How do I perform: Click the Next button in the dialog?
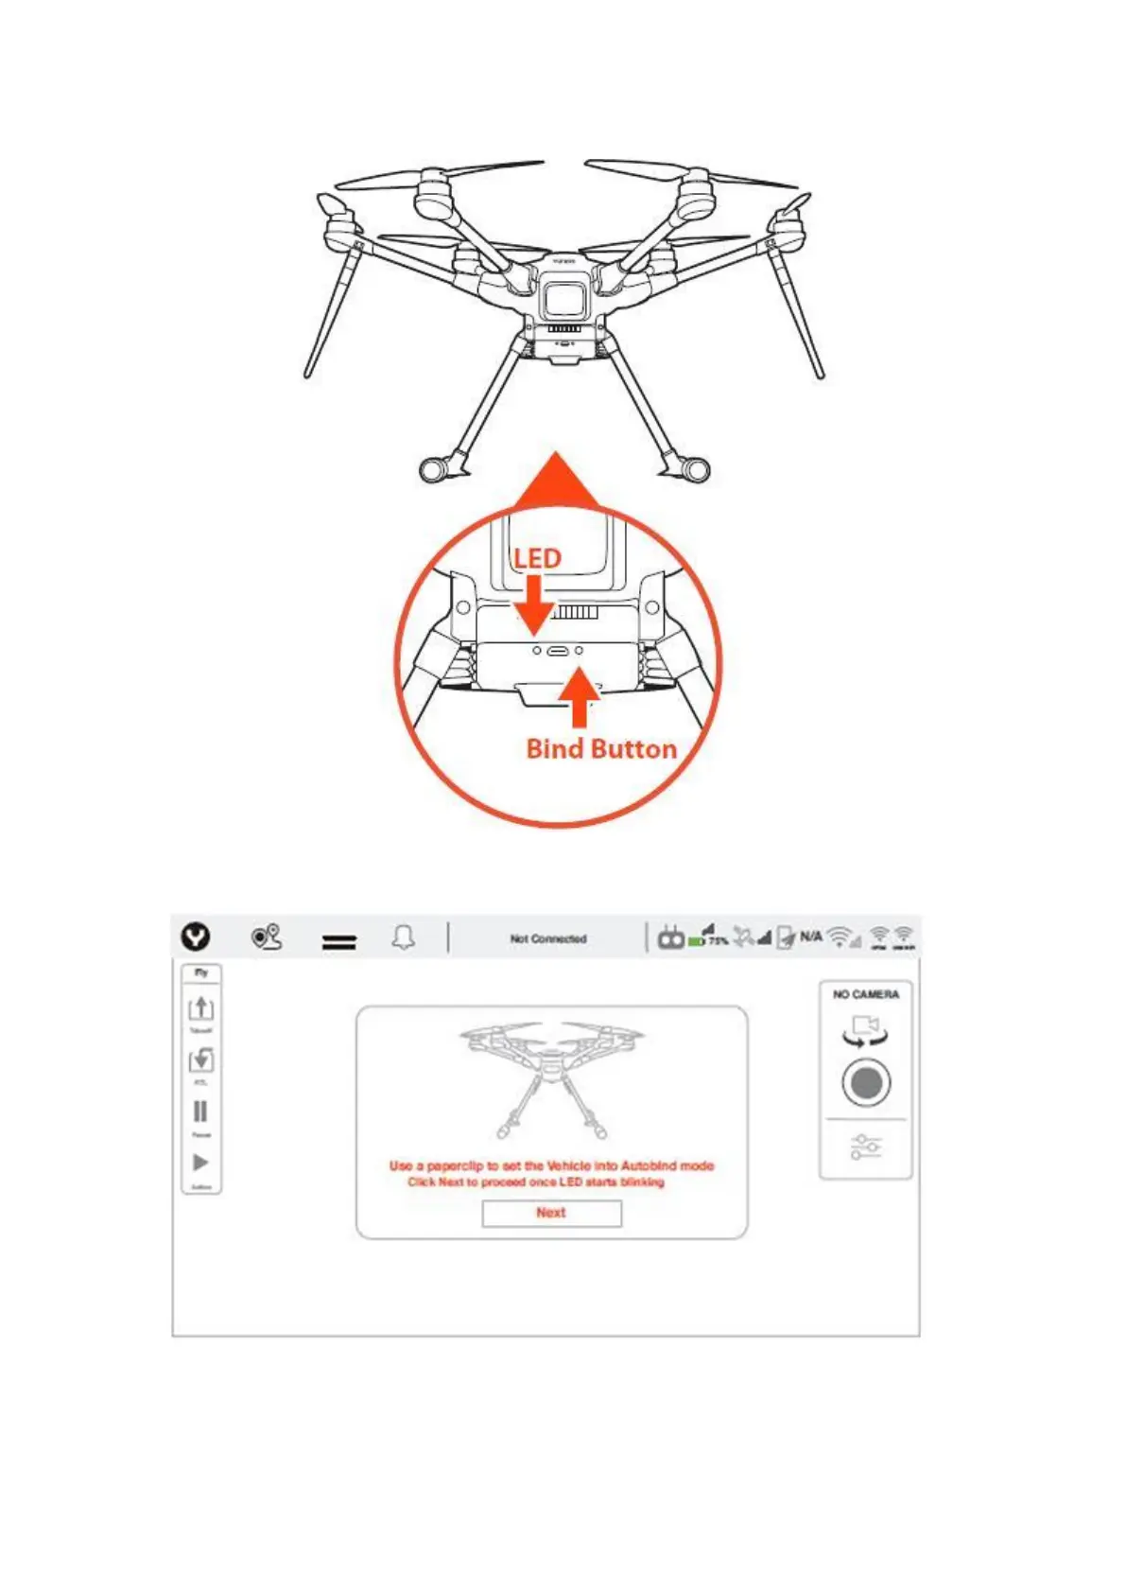pyautogui.click(x=551, y=1213)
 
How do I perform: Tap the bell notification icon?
pyautogui.click(x=404, y=937)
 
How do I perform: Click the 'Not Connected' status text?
pyautogui.click(x=548, y=939)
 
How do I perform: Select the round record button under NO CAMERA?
pyautogui.click(x=866, y=1082)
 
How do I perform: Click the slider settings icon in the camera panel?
pyautogui.click(x=866, y=1147)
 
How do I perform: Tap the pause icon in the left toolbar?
pyautogui.click(x=200, y=1112)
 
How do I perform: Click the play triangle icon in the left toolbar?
pyautogui.click(x=200, y=1163)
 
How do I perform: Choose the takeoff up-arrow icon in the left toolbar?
pyautogui.click(x=200, y=1008)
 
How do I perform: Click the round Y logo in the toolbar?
pyautogui.click(x=196, y=937)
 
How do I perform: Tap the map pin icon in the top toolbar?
pyautogui.click(x=267, y=937)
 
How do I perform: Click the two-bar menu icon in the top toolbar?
pyautogui.click(x=339, y=942)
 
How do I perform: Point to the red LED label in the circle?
pyautogui.click(x=537, y=559)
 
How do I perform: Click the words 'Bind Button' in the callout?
pyautogui.click(x=601, y=749)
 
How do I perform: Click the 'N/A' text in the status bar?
pyautogui.click(x=811, y=937)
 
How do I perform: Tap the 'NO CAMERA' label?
pyautogui.click(x=866, y=994)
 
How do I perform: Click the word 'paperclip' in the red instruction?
pyautogui.click(x=456, y=1166)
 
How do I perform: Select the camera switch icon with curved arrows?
pyautogui.click(x=866, y=1031)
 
